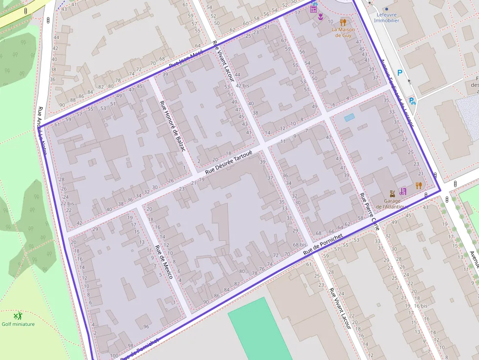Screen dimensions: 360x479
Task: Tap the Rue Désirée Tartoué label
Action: [x=228, y=162]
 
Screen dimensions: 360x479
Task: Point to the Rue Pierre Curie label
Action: [x=369, y=211]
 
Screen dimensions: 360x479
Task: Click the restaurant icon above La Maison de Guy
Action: [x=343, y=22]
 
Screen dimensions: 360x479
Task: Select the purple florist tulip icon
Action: [x=320, y=17]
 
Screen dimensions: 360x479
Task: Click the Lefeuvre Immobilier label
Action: [x=386, y=18]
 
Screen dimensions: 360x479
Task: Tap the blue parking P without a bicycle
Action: [x=400, y=73]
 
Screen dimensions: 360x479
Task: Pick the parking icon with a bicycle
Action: [x=412, y=101]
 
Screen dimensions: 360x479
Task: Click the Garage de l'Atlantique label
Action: [x=395, y=204]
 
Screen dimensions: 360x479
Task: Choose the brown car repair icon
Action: [x=392, y=193]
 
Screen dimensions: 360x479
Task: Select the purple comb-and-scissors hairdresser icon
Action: [x=402, y=191]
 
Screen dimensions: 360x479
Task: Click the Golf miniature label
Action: [x=18, y=324]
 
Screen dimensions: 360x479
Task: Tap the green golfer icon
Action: [x=18, y=316]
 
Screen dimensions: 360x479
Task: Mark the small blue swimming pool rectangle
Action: [x=349, y=117]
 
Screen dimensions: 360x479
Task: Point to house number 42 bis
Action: [x=242, y=85]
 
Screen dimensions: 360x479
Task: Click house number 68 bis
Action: [x=299, y=244]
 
